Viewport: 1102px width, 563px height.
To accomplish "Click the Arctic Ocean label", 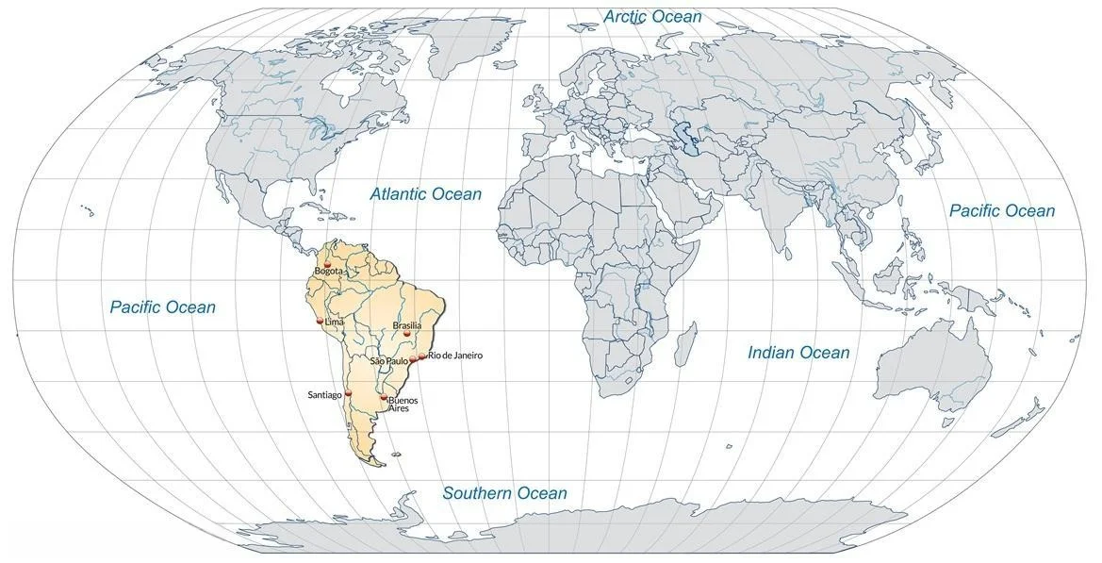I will (x=652, y=17).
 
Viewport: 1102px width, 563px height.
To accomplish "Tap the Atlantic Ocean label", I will (x=425, y=194).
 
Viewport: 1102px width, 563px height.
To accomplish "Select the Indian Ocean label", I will (x=798, y=353).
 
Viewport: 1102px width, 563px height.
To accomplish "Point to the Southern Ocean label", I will (x=505, y=493).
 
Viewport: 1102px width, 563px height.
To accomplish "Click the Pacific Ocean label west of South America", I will (x=162, y=307).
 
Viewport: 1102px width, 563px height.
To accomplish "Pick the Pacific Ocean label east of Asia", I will (x=1002, y=211).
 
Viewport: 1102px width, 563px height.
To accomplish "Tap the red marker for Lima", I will (x=319, y=322).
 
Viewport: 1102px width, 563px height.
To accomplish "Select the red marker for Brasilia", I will (x=407, y=333).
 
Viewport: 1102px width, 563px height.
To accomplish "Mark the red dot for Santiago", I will (x=349, y=392).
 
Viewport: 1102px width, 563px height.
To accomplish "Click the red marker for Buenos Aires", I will (x=384, y=398).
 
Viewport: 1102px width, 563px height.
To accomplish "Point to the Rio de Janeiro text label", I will (x=455, y=356).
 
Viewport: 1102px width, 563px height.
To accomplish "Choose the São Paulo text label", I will (x=388, y=361).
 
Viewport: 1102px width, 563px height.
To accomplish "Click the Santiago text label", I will (x=324, y=394).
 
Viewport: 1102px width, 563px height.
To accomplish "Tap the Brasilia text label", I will (x=407, y=325).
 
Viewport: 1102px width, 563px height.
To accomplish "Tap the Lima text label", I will (x=335, y=323).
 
